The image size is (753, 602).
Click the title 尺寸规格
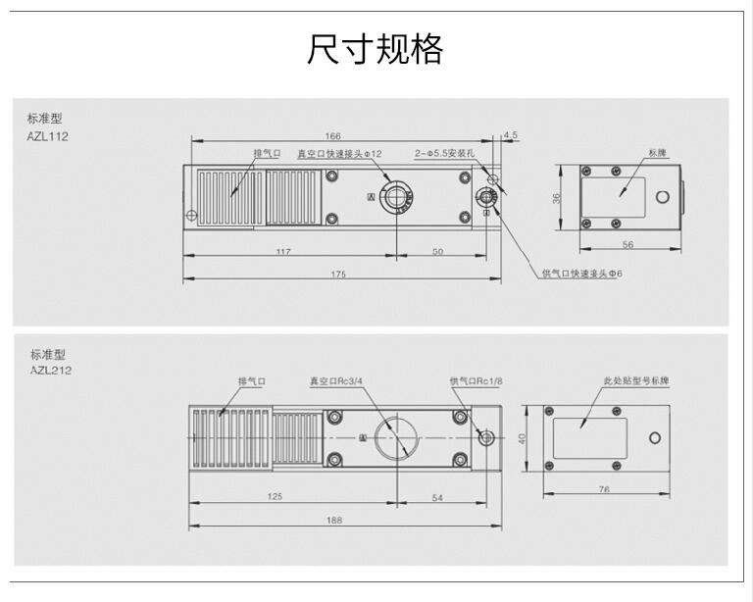click(376, 49)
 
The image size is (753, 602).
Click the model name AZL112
click(48, 136)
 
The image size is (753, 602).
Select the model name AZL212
click(50, 370)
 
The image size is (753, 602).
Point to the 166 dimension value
click(332, 135)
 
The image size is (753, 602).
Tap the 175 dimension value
click(338, 274)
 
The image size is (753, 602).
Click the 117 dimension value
click(283, 252)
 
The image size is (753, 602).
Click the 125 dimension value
click(275, 497)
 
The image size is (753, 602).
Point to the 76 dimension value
click(604, 488)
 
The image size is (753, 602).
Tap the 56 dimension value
click(627, 245)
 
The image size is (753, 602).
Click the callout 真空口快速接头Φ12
click(339, 154)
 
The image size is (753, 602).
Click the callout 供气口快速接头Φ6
click(581, 273)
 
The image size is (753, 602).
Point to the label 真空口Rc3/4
click(337, 380)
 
